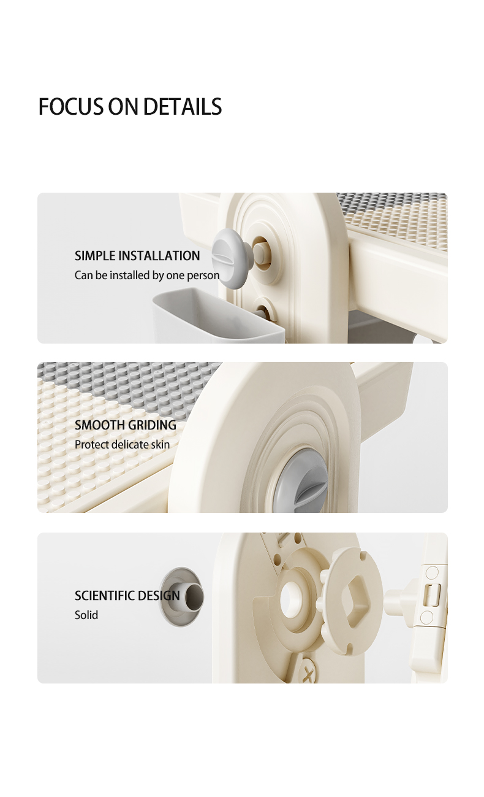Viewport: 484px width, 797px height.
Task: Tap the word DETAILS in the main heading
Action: (x=183, y=106)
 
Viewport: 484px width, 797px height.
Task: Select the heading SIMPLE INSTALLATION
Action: (x=137, y=256)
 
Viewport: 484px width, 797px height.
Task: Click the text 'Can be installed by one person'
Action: (x=147, y=275)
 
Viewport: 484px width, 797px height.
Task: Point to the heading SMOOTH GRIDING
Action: (x=126, y=425)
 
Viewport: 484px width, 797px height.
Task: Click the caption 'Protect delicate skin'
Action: (x=123, y=444)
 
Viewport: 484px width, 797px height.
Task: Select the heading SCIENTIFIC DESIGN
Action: (x=127, y=595)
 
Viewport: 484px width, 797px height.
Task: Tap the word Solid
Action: (x=86, y=615)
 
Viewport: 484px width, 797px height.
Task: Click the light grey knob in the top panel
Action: (x=232, y=257)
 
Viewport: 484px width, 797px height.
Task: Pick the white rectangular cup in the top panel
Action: (x=219, y=315)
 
